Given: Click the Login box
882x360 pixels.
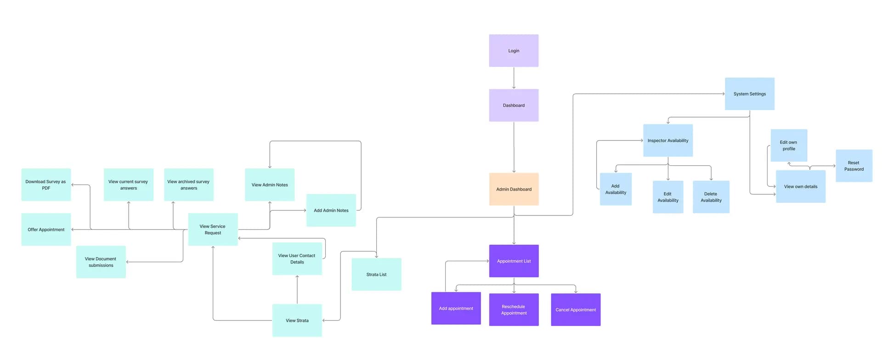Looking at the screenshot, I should [514, 51].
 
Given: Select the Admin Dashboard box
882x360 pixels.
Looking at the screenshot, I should [514, 189].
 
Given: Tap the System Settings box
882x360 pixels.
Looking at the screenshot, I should [749, 94].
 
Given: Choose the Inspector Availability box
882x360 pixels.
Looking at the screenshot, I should [667, 141].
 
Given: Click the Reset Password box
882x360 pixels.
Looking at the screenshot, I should [854, 166].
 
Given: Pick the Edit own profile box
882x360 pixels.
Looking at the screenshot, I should [788, 146].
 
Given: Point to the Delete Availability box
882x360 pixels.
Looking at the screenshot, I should [711, 197].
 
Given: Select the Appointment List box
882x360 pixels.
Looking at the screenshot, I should [514, 261].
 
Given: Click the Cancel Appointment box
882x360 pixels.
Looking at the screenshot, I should [576, 309].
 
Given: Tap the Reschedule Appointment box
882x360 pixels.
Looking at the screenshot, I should [514, 309].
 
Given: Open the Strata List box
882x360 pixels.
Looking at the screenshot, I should [376, 274].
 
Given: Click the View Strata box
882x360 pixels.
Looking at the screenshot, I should [297, 321].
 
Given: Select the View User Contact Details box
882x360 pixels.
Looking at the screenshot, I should [297, 259].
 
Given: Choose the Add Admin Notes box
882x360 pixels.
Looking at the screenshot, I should [331, 210].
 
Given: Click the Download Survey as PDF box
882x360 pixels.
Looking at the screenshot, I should [46, 185].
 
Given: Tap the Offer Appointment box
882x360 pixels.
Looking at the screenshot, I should [46, 229].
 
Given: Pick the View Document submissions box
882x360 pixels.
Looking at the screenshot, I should [101, 262].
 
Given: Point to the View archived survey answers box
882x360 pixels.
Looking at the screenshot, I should [188, 185].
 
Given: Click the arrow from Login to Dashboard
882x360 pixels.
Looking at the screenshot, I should [514, 78].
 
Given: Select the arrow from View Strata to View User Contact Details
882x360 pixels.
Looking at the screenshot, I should [297, 289].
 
